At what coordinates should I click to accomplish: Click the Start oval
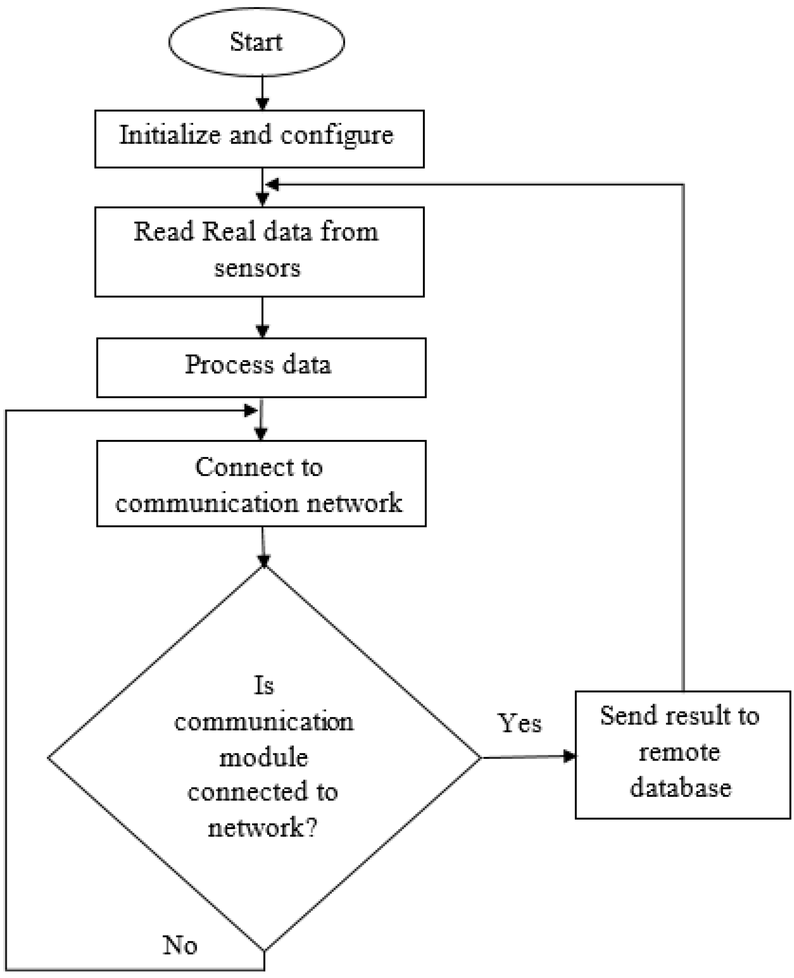pyautogui.click(x=256, y=42)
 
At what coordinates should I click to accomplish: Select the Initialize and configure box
pyautogui.click(x=259, y=139)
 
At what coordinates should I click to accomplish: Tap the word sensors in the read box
pyautogui.click(x=257, y=268)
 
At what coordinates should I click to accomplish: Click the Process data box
pyautogui.click(x=261, y=367)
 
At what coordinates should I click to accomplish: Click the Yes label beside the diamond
pyautogui.click(x=520, y=723)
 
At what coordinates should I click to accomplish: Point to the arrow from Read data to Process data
pyautogui.click(x=262, y=317)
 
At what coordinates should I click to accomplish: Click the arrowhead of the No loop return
pyautogui.click(x=251, y=410)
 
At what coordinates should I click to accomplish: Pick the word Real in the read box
pyautogui.click(x=228, y=231)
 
